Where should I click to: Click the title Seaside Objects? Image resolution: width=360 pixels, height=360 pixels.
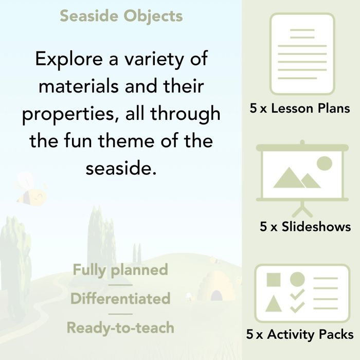coord(121,16)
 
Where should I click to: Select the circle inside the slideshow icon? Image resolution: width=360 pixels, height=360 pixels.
coord(324,164)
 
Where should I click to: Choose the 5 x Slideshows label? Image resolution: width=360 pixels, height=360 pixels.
coord(305,227)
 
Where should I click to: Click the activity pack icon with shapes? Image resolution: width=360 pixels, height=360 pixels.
coord(302,294)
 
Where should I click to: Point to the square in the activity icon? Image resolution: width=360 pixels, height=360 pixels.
coord(274,280)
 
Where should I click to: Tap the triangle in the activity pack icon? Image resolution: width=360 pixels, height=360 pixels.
coord(274,303)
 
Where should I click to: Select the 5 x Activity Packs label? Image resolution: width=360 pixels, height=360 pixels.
coord(300,335)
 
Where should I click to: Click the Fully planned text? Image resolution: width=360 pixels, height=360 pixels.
coord(120,269)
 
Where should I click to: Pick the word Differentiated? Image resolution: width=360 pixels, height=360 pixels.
coord(120,298)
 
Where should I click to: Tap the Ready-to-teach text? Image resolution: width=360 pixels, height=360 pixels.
coord(120,327)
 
